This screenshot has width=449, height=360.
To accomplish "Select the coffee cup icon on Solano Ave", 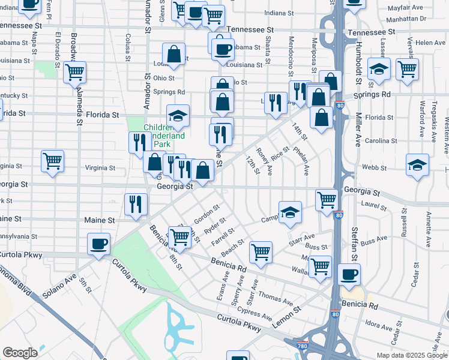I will (x=99, y=244).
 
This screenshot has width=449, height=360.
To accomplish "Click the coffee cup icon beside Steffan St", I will (x=349, y=275).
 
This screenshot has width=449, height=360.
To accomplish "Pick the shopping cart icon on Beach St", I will (x=261, y=252).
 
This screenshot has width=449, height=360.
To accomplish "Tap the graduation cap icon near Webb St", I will (x=417, y=165).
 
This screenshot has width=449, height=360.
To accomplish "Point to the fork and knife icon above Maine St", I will (x=136, y=203).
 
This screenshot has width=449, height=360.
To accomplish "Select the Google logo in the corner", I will (x=20, y=352).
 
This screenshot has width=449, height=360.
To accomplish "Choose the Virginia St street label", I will (x=100, y=167).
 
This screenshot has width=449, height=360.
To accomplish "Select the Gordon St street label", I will (x=208, y=213).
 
